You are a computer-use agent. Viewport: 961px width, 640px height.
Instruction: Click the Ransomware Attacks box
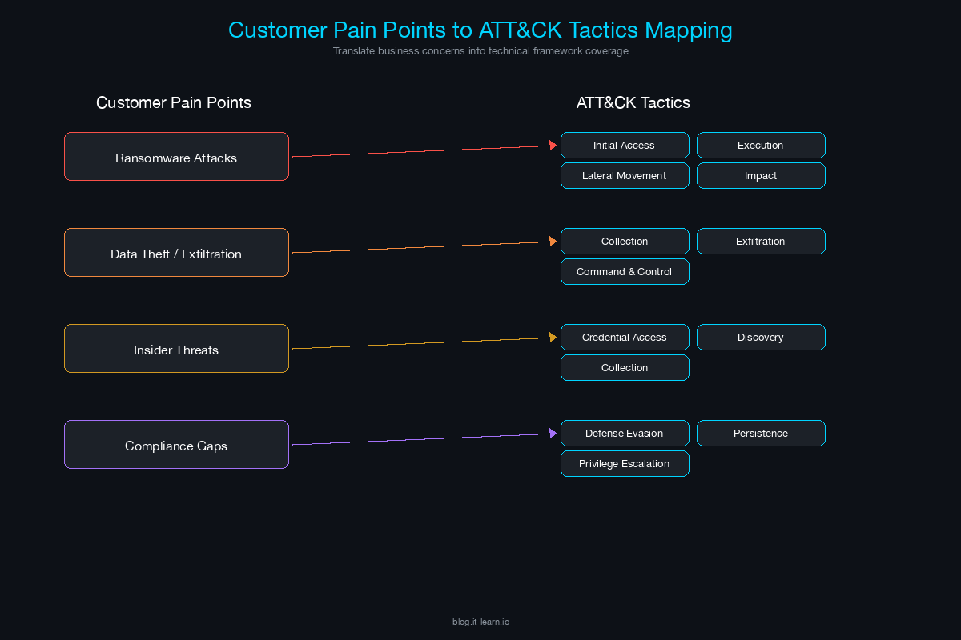coord(176,157)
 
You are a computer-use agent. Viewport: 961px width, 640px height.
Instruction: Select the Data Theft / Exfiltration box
coord(176,253)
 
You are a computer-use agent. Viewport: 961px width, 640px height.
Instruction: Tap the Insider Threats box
coord(176,349)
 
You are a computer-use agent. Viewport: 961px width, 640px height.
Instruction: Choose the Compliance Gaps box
coord(176,445)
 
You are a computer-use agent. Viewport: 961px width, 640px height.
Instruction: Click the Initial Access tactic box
coord(625,146)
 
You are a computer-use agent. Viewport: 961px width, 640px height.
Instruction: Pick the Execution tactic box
coord(761,146)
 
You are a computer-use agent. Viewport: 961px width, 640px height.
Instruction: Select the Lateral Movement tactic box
coord(625,176)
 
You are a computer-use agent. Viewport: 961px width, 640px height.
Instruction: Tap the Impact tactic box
coord(761,176)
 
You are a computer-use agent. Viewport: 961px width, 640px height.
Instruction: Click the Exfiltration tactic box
coord(761,242)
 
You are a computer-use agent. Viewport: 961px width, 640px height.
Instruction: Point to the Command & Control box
coord(625,272)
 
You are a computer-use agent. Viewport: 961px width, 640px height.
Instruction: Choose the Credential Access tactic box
coord(625,338)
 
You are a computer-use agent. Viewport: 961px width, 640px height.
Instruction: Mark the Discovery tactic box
coord(761,338)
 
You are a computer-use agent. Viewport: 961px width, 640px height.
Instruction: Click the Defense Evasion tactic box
coord(625,434)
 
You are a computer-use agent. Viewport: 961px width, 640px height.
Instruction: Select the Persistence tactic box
coord(761,434)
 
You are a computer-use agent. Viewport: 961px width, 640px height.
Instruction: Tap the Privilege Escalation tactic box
coord(625,464)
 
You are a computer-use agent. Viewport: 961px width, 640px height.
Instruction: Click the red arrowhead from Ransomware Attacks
coord(553,146)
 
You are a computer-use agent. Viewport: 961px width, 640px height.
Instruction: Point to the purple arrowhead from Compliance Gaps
coord(553,434)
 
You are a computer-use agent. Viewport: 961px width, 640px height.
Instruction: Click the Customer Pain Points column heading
coord(174,103)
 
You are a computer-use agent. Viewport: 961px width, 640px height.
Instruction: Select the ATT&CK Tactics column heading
coord(633,103)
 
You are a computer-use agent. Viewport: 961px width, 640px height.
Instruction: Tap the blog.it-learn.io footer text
coord(480,622)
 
